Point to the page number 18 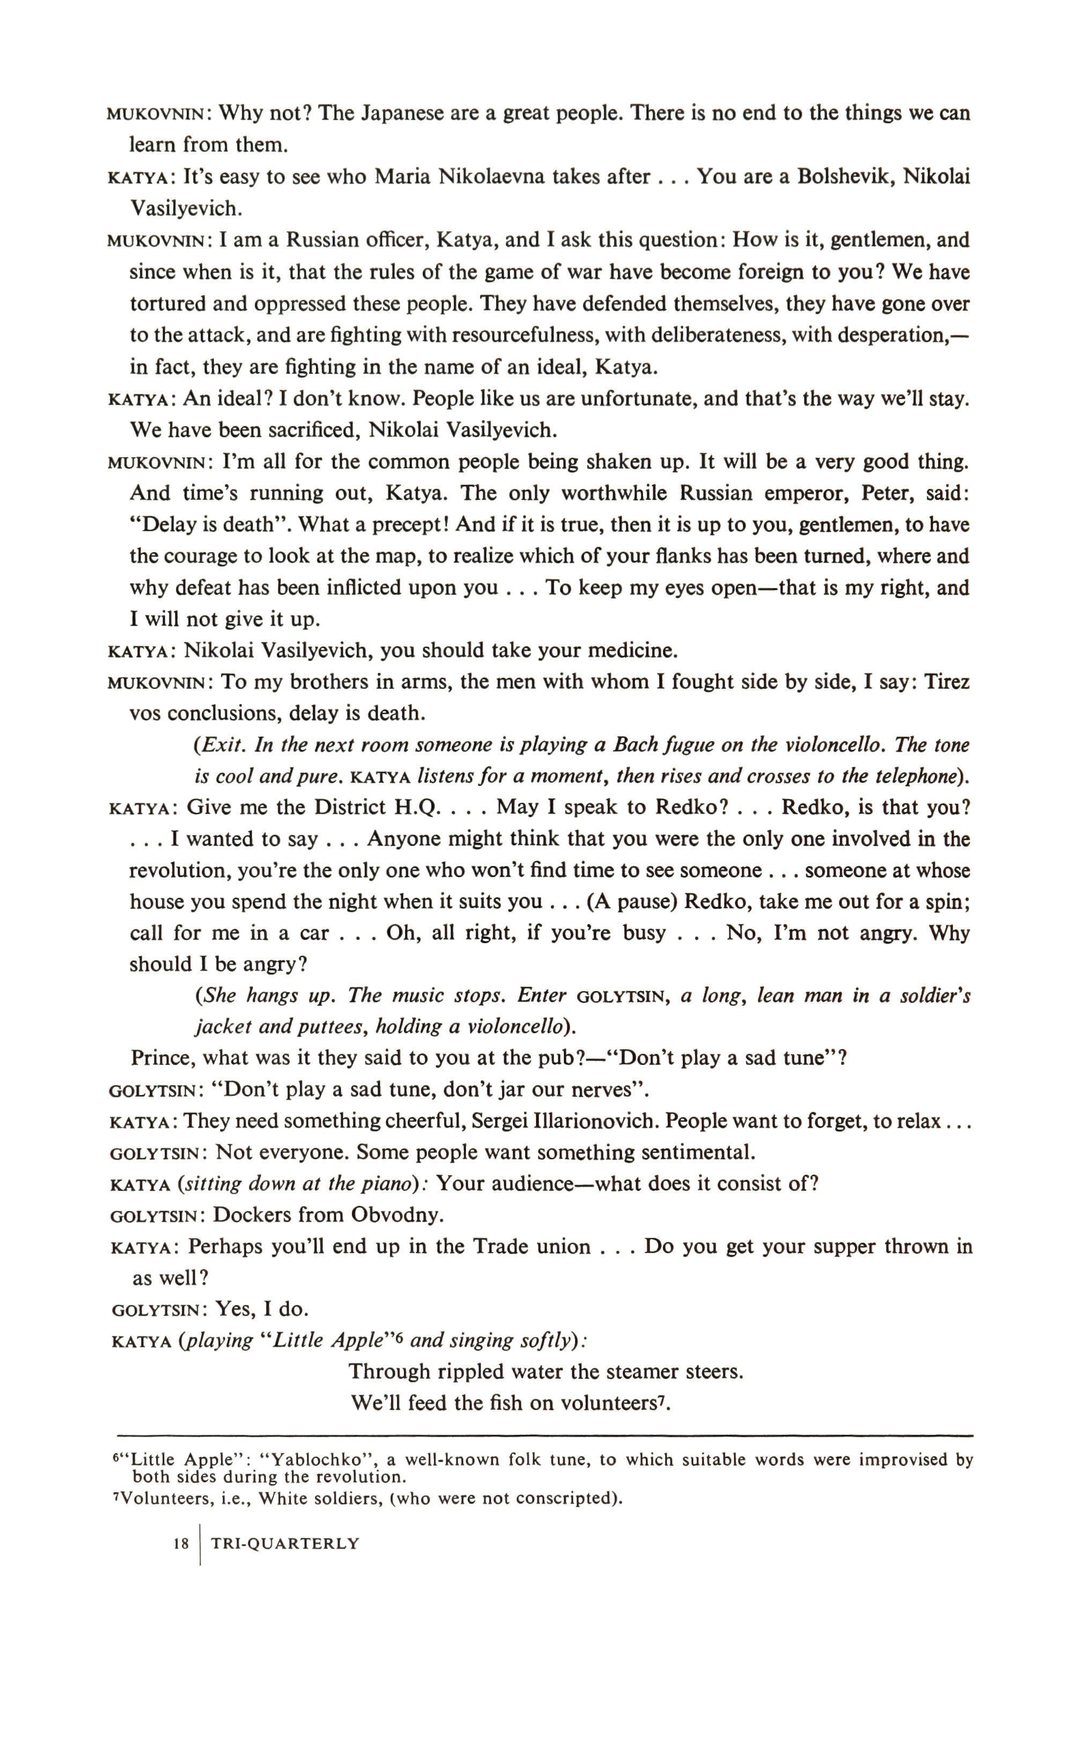(x=181, y=1544)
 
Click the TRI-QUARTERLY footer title (x=285, y=1544)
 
